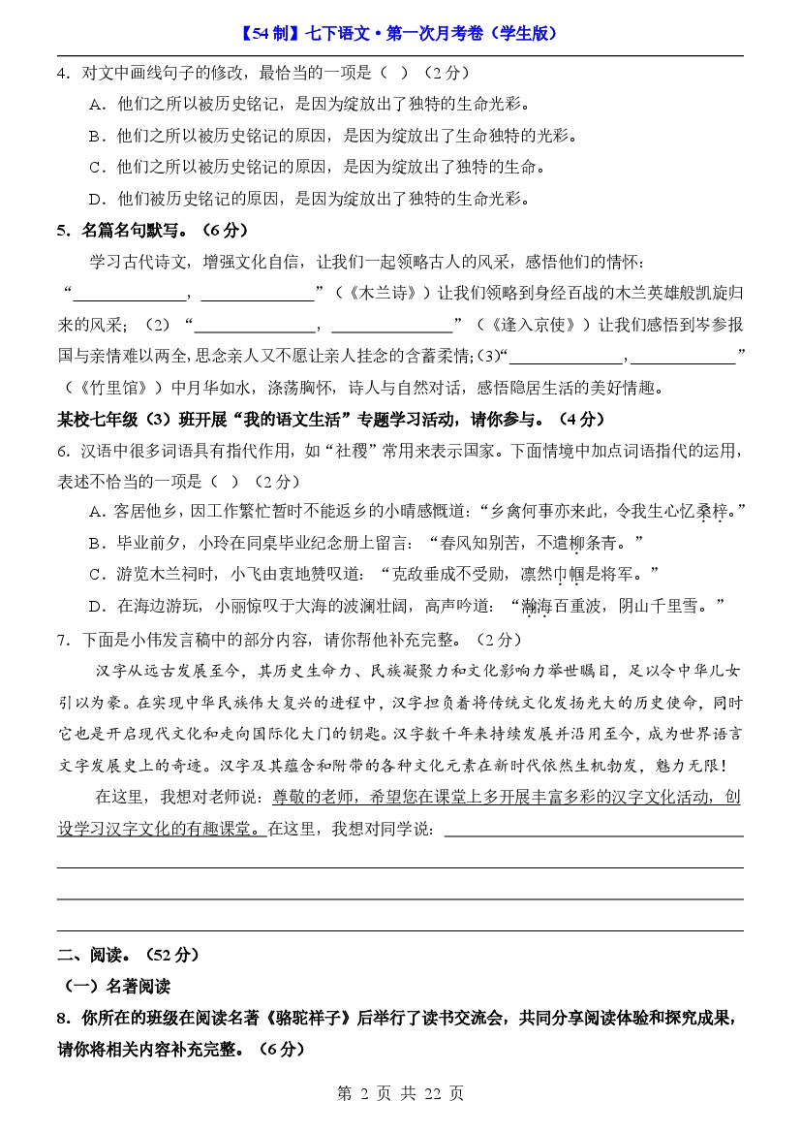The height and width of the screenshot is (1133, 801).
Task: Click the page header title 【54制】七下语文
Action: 399,33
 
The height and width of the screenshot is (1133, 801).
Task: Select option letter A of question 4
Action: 96,104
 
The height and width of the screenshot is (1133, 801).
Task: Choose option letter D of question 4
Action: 96,200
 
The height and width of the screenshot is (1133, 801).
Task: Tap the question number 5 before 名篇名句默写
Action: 63,231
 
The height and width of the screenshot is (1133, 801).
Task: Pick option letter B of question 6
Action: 96,543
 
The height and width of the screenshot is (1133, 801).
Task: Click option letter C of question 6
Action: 96,575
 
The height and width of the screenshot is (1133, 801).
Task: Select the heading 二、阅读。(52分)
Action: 128,955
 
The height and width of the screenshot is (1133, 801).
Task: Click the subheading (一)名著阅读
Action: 116,987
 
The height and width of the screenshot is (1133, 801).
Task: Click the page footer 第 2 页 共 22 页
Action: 400,1093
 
